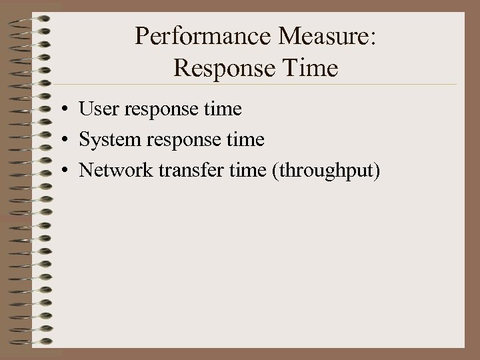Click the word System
(x=107, y=140)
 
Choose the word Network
(x=115, y=171)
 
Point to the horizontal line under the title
(x=267, y=85)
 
